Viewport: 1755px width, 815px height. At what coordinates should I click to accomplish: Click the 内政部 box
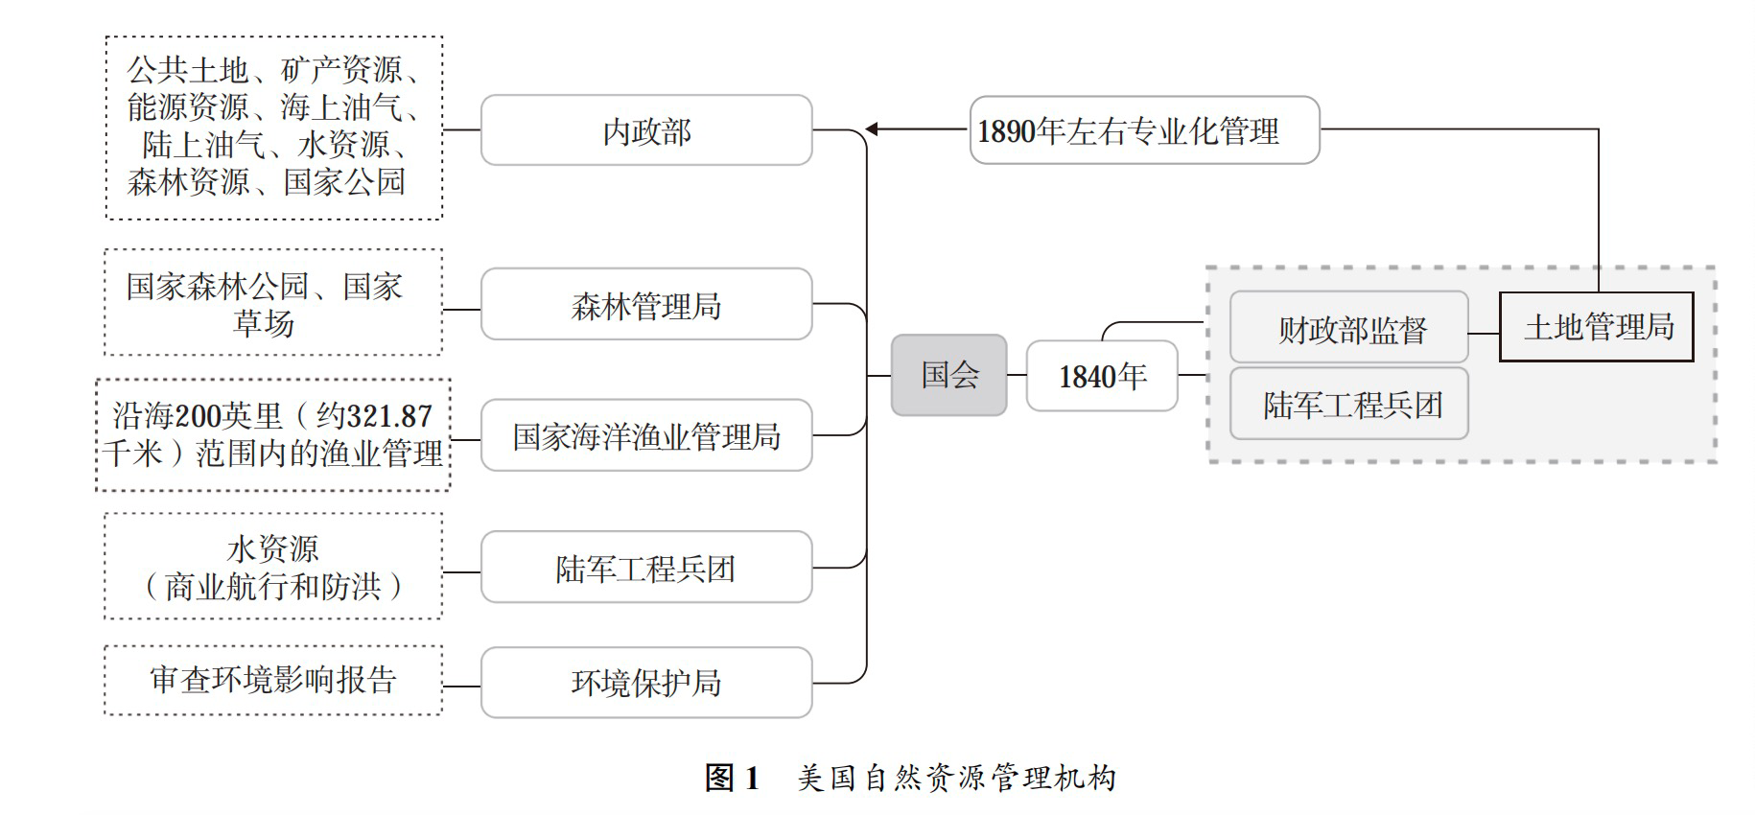[646, 130]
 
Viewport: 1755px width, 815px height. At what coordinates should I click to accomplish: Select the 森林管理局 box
[646, 305]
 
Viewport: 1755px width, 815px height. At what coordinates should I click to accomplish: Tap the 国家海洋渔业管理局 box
[646, 436]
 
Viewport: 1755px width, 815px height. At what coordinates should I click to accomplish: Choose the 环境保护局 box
[646, 683]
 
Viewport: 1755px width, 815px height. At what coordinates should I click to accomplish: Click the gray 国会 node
[948, 375]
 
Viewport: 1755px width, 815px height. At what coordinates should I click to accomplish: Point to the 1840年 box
[1102, 376]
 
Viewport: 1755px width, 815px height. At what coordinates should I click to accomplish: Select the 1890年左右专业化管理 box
[1144, 130]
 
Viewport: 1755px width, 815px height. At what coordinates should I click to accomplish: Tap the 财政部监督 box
[1349, 329]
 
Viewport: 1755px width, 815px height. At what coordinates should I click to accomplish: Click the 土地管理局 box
[1596, 327]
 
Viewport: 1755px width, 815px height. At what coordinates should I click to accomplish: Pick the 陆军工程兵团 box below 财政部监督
[1349, 404]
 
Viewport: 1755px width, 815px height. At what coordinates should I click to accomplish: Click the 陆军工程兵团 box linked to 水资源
[646, 568]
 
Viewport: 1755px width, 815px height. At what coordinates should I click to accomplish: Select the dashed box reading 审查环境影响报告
[273, 680]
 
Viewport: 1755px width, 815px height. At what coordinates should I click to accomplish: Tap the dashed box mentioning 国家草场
[273, 303]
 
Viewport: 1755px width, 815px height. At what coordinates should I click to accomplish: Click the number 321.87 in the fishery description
[388, 416]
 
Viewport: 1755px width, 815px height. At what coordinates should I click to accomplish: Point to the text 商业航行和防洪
[273, 587]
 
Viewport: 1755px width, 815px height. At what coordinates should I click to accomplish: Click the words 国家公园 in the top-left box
[344, 182]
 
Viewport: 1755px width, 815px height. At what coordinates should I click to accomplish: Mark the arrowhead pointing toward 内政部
[872, 129]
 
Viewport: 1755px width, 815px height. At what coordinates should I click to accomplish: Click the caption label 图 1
[733, 778]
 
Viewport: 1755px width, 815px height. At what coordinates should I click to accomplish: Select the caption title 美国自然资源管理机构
[957, 778]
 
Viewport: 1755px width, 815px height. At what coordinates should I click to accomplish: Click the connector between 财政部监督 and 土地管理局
[1484, 334]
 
